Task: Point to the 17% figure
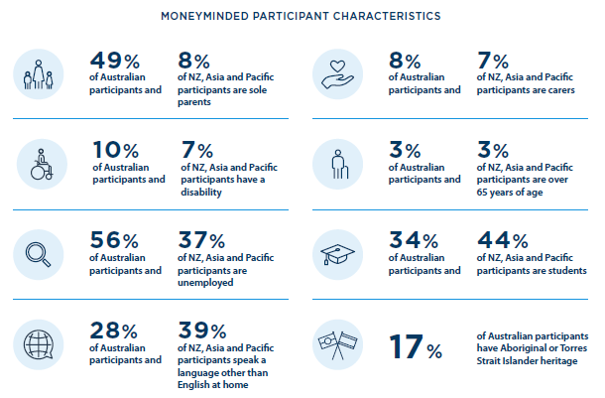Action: pos(414,348)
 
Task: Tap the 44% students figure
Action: pos(502,241)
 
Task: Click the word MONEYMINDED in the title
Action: pos(210,17)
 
